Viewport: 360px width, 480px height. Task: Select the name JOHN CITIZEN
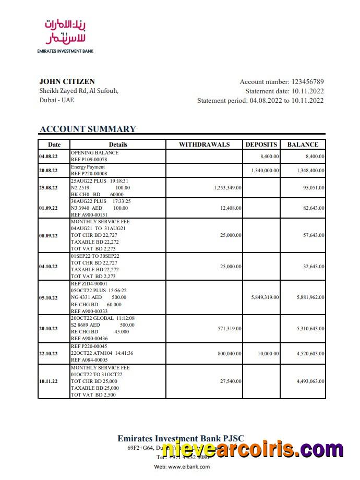coord(67,81)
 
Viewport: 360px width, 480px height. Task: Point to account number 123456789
coord(307,81)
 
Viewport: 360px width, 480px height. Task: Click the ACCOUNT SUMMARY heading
coord(88,129)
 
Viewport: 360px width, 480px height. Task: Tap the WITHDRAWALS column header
coord(204,145)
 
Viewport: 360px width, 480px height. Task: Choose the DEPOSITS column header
coord(261,145)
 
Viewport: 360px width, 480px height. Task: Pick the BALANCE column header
coord(303,145)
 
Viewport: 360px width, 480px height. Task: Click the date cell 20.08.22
coord(49,171)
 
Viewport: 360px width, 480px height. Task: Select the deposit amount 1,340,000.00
coord(265,171)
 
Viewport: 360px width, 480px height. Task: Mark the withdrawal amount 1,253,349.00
coord(227,187)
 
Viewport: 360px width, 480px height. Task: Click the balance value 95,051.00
coord(314,187)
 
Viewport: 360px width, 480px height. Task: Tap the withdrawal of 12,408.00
coord(231,208)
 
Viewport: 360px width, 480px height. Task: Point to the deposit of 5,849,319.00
coord(265,297)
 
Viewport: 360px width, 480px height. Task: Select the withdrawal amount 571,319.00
coord(229,329)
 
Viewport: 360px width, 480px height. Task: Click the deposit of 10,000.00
coord(269,353)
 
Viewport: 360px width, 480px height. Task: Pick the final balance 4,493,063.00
coord(310,381)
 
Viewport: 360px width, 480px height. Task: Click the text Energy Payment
coord(88,167)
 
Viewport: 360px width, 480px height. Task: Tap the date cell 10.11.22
coord(49,381)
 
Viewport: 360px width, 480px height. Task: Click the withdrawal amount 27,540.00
coord(231,381)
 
